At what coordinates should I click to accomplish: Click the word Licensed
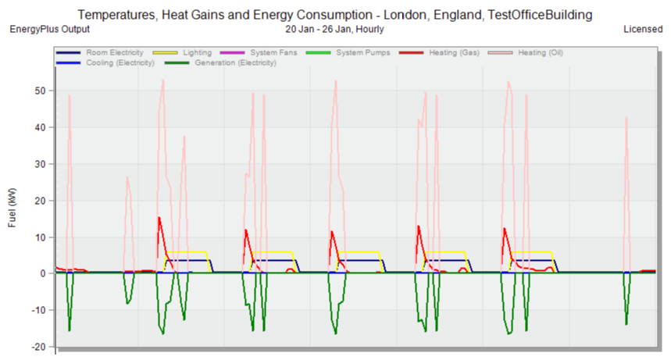pos(643,29)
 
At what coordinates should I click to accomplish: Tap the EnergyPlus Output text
pos(49,29)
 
